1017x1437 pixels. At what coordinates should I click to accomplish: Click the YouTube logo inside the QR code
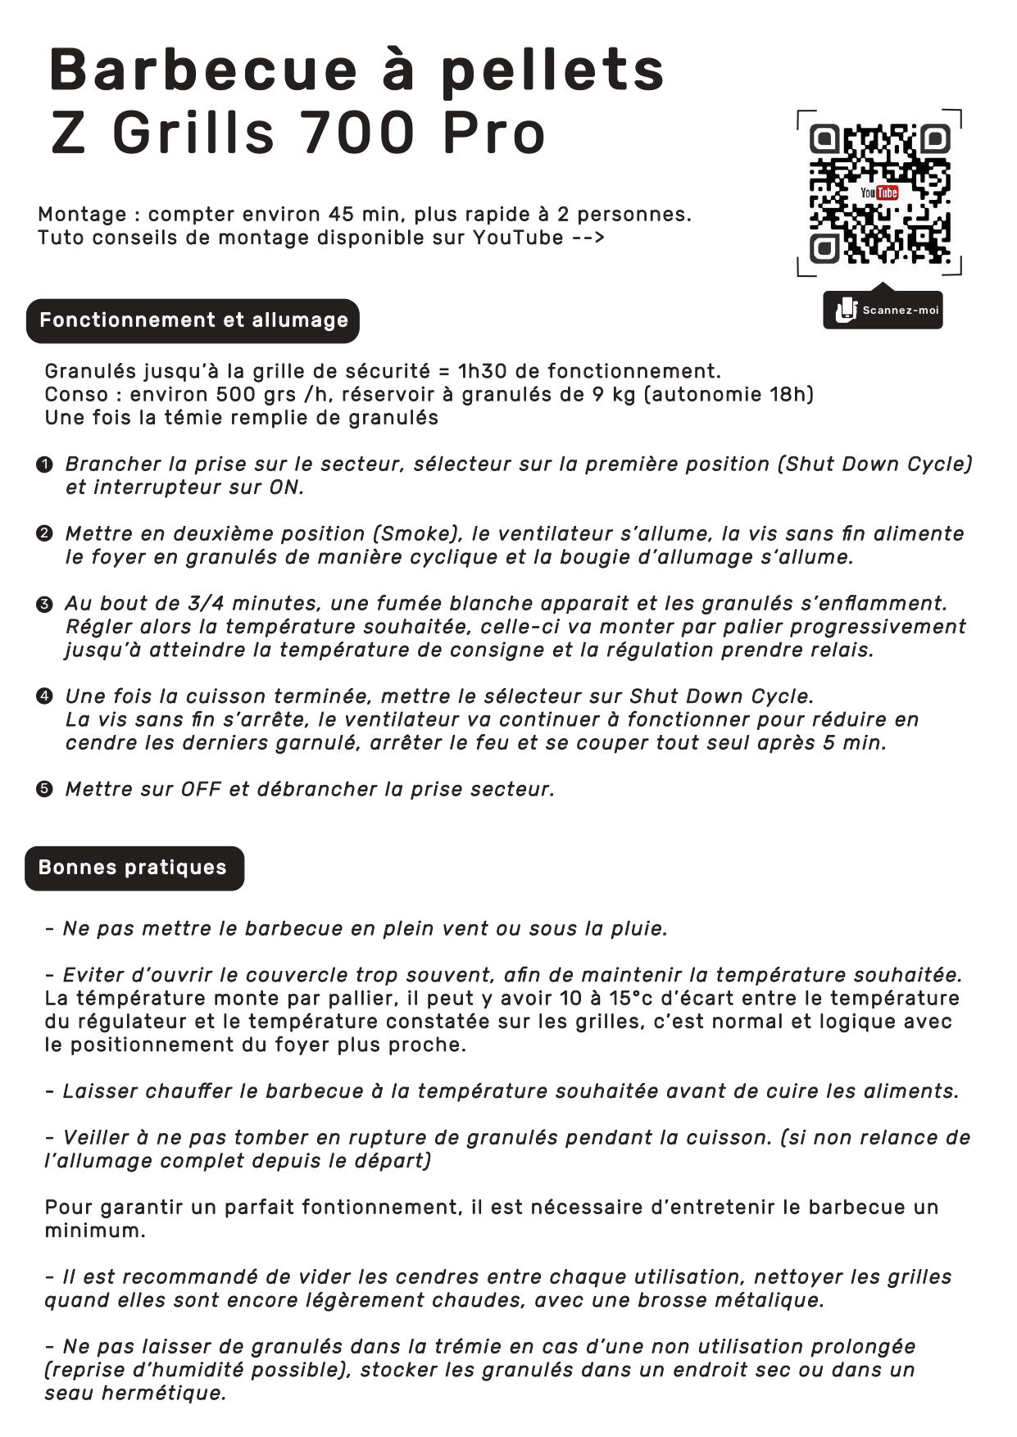(x=879, y=193)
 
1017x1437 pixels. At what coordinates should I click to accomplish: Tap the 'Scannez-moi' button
(x=883, y=311)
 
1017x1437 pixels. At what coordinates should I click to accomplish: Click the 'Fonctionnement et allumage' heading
(x=193, y=320)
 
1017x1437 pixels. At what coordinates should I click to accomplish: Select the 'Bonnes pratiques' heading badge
(x=134, y=868)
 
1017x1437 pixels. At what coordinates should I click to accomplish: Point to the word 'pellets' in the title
(x=552, y=70)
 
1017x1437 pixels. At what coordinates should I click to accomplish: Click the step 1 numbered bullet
(x=45, y=465)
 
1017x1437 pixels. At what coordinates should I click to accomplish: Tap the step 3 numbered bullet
(x=45, y=605)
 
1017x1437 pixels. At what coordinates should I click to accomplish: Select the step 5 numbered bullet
(x=45, y=790)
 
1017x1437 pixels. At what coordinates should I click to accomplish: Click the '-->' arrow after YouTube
(x=588, y=238)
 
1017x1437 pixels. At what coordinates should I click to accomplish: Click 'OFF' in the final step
(x=202, y=790)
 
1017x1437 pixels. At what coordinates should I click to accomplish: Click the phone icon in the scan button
(x=844, y=311)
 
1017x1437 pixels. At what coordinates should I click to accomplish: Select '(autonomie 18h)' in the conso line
(x=728, y=395)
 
